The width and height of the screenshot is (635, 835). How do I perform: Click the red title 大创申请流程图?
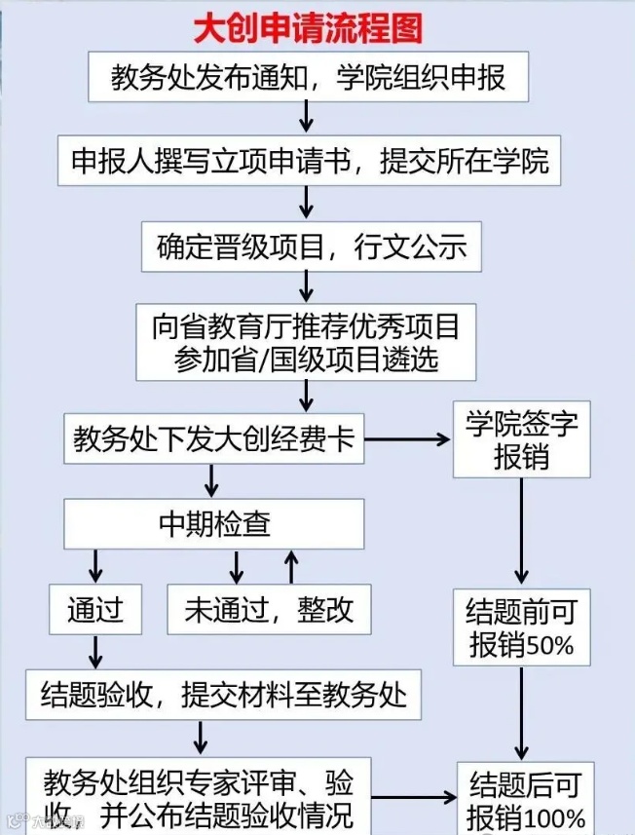[308, 28]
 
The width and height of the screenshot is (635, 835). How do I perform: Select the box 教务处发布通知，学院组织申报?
[308, 77]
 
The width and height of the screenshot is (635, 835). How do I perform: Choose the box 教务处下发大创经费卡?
[214, 440]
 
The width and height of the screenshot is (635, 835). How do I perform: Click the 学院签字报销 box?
[521, 440]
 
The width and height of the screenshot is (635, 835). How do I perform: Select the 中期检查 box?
[214, 524]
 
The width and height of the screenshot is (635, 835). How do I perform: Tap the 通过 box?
[95, 610]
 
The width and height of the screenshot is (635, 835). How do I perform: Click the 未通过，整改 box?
[270, 610]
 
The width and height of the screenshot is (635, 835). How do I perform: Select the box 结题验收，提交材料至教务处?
[223, 694]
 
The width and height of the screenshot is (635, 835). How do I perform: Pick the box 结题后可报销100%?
[526, 799]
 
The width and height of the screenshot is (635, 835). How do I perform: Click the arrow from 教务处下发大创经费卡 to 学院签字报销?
[409, 440]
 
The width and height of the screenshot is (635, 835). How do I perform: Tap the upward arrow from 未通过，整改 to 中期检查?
[290, 566]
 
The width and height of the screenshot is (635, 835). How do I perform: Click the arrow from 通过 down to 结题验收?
[95, 652]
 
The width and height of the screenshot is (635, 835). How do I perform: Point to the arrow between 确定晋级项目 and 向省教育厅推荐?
[308, 285]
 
